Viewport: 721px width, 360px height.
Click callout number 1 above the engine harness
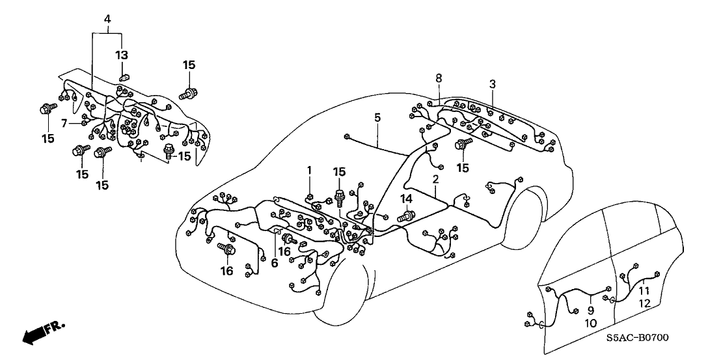coord(310,170)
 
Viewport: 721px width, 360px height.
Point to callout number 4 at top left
coord(107,18)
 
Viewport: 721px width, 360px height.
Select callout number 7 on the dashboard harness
coord(64,122)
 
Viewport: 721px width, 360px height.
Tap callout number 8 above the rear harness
coord(439,77)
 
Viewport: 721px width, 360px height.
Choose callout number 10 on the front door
coord(590,323)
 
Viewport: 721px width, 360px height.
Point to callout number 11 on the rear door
coord(644,290)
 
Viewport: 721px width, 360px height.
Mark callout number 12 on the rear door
coord(644,303)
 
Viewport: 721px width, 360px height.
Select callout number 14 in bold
coord(406,198)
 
